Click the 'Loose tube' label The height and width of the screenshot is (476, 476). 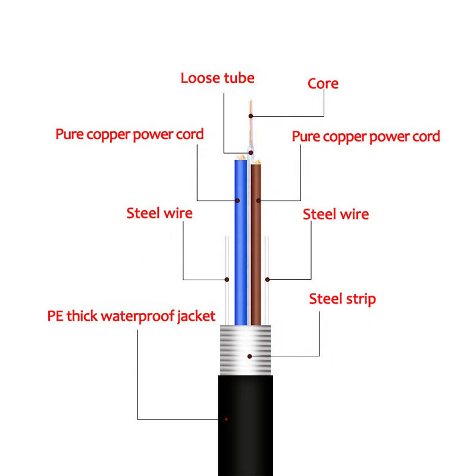tap(217, 78)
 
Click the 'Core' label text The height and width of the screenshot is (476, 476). tap(323, 83)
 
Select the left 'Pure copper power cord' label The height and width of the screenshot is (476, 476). tap(130, 134)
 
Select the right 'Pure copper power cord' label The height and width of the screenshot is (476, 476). tap(365, 136)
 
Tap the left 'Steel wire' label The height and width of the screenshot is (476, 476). tap(159, 212)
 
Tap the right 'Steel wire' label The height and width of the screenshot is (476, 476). tap(336, 214)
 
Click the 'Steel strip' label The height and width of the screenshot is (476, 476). tap(342, 299)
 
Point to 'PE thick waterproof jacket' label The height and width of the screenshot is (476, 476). tap(131, 315)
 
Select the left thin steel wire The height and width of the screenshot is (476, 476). tap(227, 262)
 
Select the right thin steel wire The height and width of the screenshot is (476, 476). tap(267, 262)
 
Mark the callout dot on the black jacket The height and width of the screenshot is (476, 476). tap(227, 419)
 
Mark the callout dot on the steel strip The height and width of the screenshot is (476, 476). tap(250, 356)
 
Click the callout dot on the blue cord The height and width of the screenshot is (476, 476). tap(237, 199)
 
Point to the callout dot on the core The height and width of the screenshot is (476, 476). tap(250, 115)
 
